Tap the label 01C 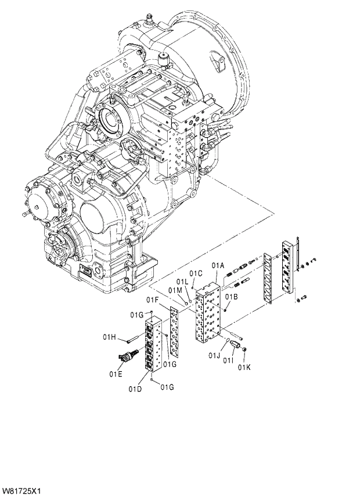196,274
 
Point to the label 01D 135,388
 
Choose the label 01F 153,300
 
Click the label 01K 243,366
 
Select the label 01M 176,290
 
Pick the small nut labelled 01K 245,350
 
